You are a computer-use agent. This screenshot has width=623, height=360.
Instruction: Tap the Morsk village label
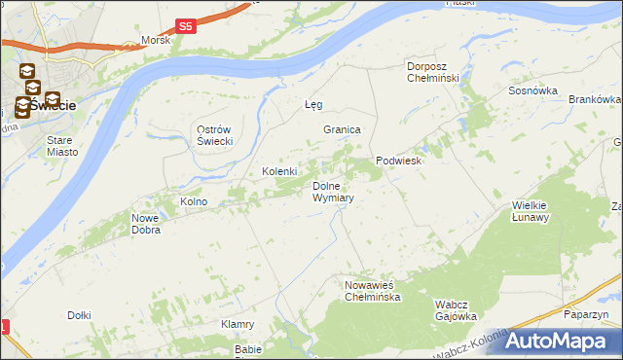(x=156, y=41)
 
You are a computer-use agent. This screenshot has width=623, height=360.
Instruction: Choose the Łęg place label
(x=312, y=104)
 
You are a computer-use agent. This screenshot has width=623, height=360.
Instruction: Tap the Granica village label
(x=343, y=129)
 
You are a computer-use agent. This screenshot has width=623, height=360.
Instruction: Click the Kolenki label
(x=279, y=171)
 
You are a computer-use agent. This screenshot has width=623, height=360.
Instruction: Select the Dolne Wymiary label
(x=332, y=192)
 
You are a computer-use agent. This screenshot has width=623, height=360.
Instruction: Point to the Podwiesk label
(x=398, y=162)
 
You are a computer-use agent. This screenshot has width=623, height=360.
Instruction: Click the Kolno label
(x=194, y=201)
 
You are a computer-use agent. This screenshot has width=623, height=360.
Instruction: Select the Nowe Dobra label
(x=146, y=225)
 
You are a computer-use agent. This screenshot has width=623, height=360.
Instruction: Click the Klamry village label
(x=238, y=324)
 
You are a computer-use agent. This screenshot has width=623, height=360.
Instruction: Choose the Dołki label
(x=79, y=315)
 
